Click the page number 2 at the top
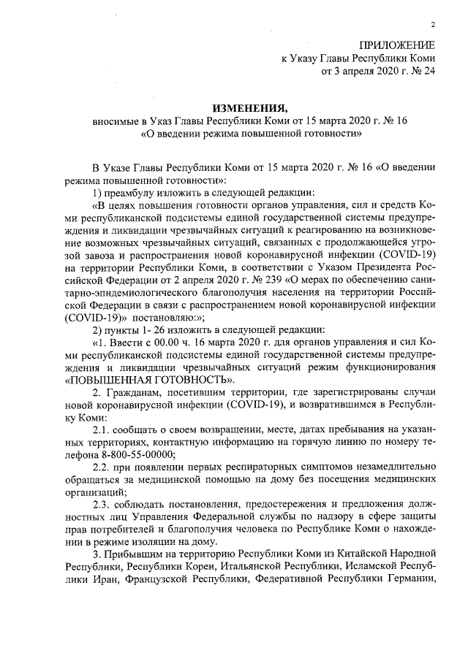(434, 25)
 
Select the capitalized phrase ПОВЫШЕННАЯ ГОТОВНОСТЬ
(150, 380)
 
